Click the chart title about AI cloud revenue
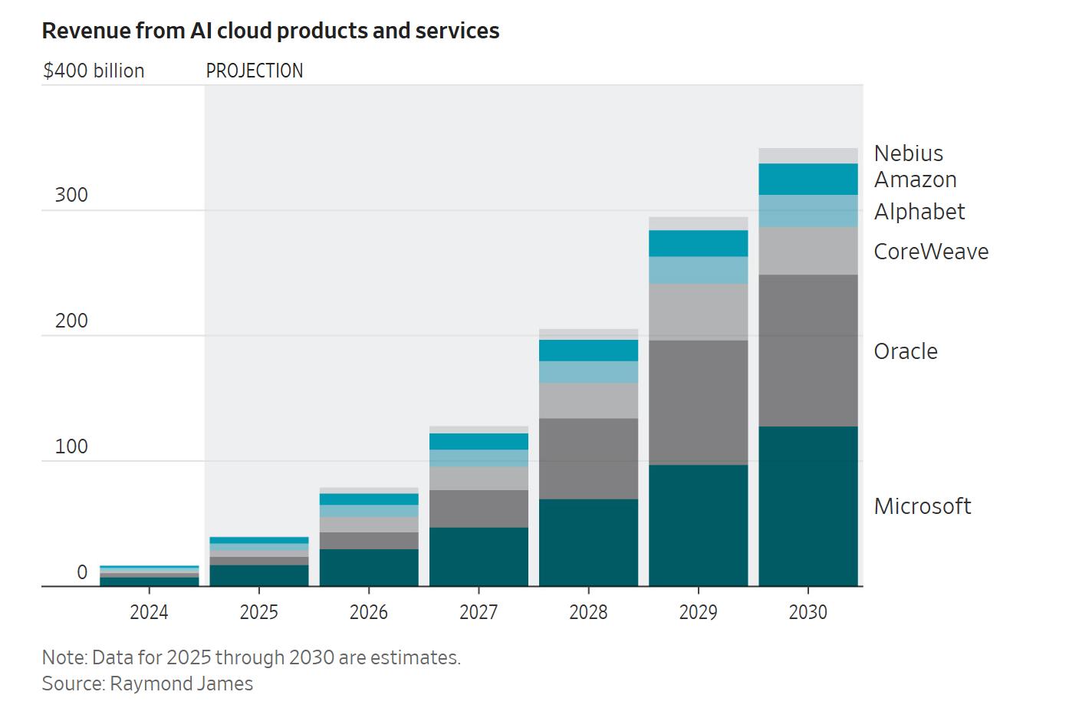coord(271,31)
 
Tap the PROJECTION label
coord(255,71)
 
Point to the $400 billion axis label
coord(94,71)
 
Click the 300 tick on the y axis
coord(71,195)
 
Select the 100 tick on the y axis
coord(71,446)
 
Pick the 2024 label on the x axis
coord(149,612)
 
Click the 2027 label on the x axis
coord(479,612)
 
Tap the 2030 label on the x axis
coord(808,612)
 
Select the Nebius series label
coord(909,153)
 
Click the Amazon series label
coord(916,179)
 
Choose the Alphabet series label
coord(919,212)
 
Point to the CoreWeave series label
coord(931,252)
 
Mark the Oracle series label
coord(906,351)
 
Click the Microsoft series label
coord(923,506)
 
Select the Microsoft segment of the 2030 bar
coord(808,506)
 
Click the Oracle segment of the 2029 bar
coord(698,402)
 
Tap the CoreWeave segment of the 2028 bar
coord(588,400)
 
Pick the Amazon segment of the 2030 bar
coord(808,179)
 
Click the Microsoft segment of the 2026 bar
coord(369,568)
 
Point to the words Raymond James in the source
coord(182,683)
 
